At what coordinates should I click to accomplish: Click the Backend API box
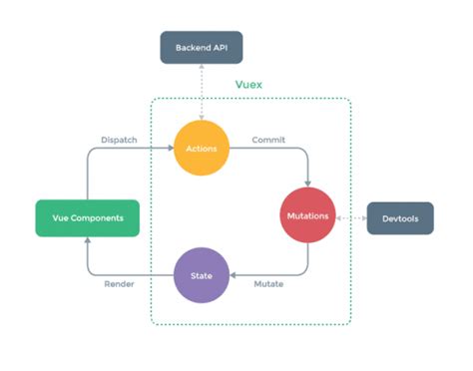click(x=202, y=48)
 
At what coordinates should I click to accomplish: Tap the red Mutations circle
click(x=308, y=215)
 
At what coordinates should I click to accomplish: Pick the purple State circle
click(x=203, y=273)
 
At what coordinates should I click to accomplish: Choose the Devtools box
click(x=400, y=217)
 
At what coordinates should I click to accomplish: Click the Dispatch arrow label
click(x=121, y=139)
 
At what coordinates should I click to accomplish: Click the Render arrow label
click(x=120, y=285)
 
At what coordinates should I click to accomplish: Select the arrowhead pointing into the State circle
click(x=236, y=273)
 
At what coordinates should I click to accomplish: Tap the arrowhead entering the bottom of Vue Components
click(x=87, y=240)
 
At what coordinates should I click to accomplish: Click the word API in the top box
click(x=221, y=48)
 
